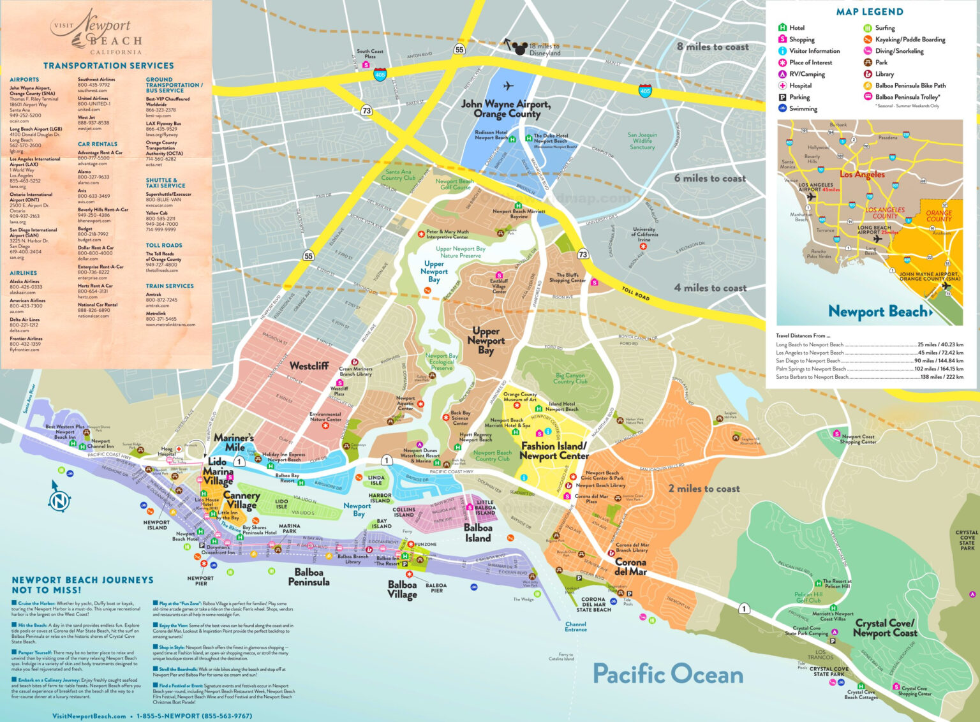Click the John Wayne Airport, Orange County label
click(x=506, y=108)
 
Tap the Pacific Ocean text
click(x=667, y=674)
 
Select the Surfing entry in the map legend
click(x=884, y=28)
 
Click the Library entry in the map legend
click(x=884, y=74)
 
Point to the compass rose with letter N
click(x=59, y=501)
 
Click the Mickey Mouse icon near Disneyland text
click(x=520, y=47)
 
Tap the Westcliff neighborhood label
click(x=309, y=366)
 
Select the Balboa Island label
click(x=478, y=533)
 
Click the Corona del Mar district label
click(x=630, y=566)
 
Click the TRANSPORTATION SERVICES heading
click(x=108, y=66)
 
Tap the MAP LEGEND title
click(x=870, y=12)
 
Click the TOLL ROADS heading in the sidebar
click(x=164, y=245)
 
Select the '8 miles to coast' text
click(x=713, y=47)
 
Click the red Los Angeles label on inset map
click(x=862, y=174)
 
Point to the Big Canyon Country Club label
click(x=571, y=378)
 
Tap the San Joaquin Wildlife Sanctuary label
click(x=642, y=141)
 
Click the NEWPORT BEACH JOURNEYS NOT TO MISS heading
click(x=82, y=585)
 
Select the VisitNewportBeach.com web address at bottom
click(x=89, y=716)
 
